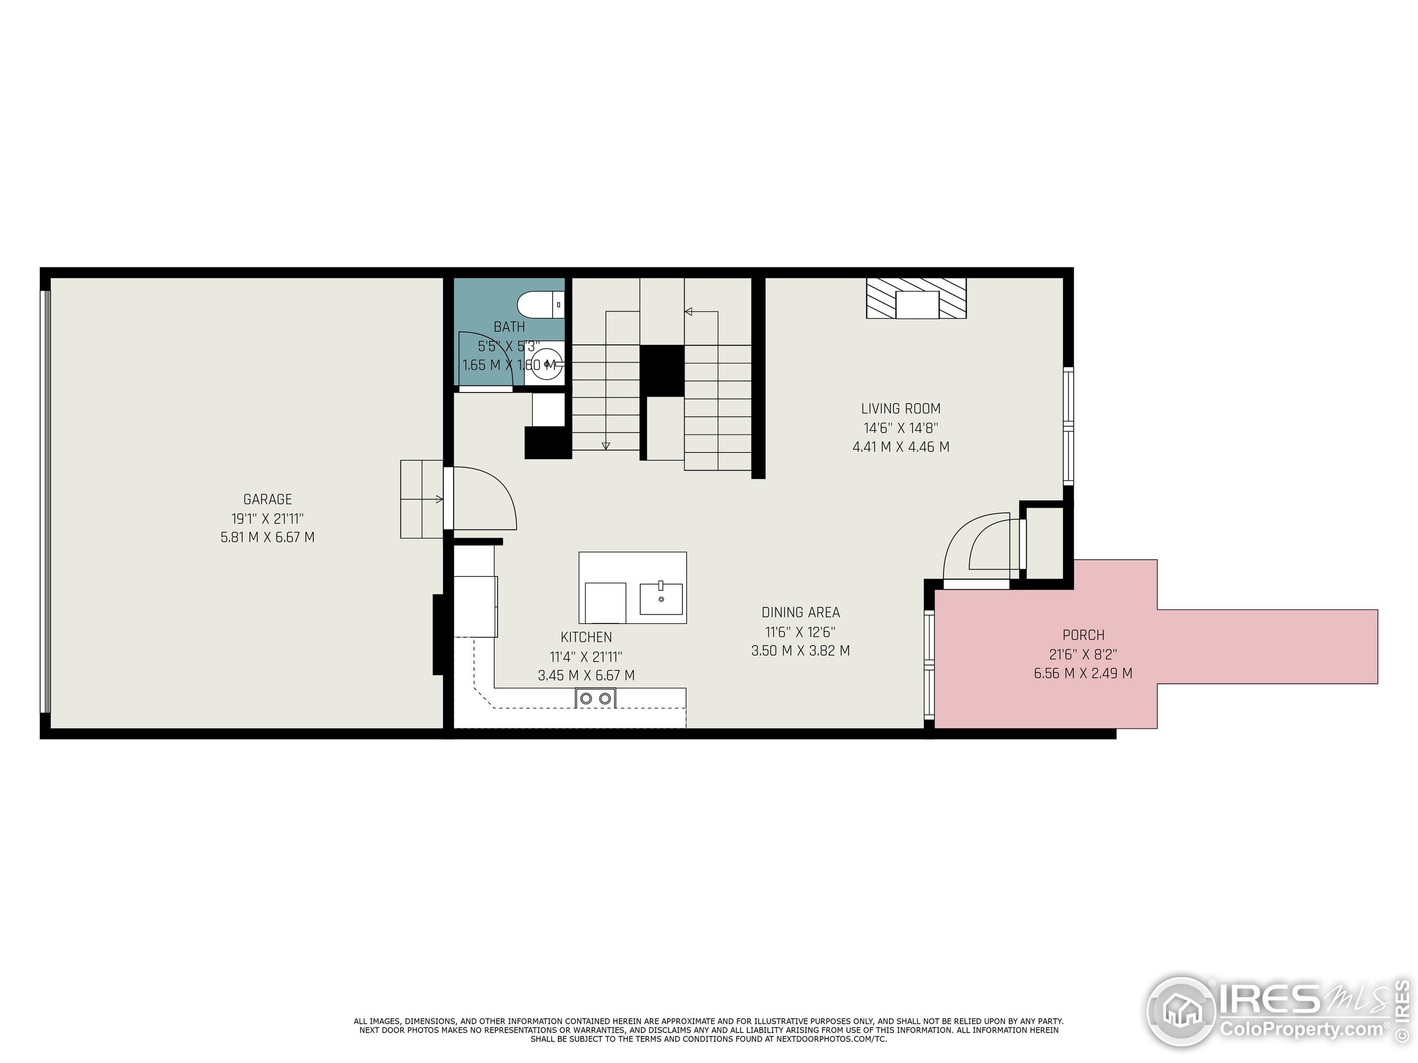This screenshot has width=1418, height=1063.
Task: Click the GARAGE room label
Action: tap(268, 499)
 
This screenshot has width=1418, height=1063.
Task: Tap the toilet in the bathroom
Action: tap(541, 305)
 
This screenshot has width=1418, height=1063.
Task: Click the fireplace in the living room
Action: tap(916, 298)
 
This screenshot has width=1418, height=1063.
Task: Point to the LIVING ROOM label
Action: tap(901, 409)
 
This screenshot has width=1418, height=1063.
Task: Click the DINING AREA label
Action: tap(800, 612)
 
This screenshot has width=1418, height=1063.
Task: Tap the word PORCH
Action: tap(1083, 635)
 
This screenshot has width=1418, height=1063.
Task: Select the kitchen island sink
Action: tap(661, 598)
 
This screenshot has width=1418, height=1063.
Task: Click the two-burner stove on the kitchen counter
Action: tap(595, 698)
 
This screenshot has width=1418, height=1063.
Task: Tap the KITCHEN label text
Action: tap(586, 637)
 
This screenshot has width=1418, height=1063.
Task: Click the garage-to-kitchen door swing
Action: tap(484, 498)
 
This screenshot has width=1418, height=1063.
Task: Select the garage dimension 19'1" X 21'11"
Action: tap(268, 518)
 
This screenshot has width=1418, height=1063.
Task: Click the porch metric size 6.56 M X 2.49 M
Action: tap(1083, 673)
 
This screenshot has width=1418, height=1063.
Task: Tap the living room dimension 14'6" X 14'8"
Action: tap(901, 428)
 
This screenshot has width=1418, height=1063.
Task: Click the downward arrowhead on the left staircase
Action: tap(606, 445)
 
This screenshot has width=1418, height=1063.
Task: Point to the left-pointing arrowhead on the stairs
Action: tap(689, 312)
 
